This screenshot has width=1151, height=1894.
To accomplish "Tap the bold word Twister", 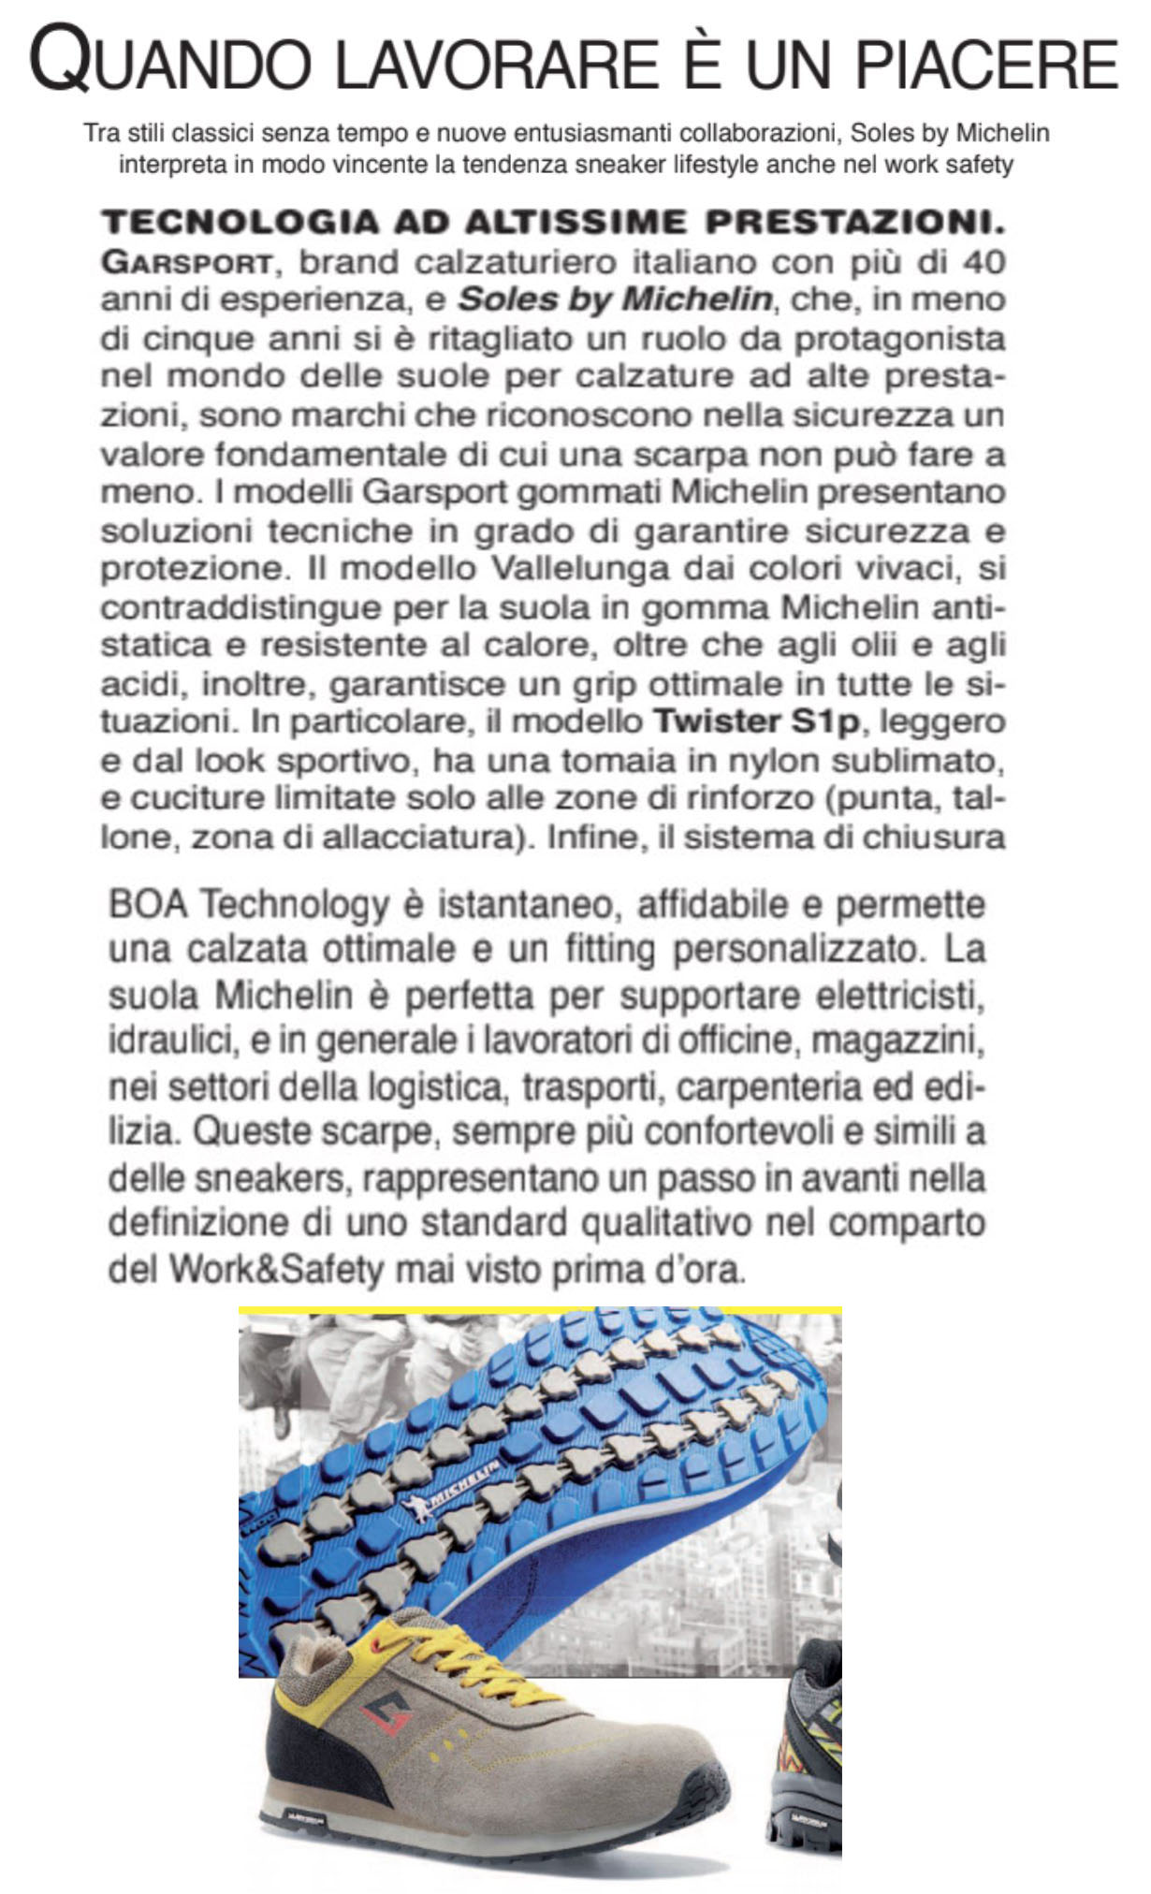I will pyautogui.click(x=716, y=721).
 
